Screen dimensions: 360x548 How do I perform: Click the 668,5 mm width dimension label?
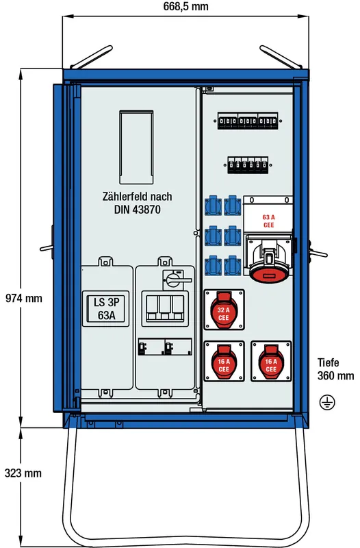(185, 6)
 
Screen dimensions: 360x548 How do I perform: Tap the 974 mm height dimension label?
(24, 298)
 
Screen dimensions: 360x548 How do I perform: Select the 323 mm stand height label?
(23, 473)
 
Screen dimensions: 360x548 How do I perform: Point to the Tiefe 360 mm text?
(335, 369)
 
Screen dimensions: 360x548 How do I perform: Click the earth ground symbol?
(327, 402)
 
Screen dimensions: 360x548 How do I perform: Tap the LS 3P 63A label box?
(106, 309)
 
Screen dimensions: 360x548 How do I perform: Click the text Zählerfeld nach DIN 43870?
(138, 203)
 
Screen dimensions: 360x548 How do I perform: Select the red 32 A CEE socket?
(224, 310)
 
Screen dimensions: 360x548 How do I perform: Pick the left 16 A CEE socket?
(224, 362)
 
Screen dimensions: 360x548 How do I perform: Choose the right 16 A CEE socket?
(271, 362)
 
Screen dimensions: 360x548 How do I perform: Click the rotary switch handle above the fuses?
(177, 280)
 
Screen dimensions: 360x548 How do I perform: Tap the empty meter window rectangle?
(136, 147)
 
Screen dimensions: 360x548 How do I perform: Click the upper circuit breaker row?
(248, 121)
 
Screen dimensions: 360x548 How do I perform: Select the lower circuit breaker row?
(248, 165)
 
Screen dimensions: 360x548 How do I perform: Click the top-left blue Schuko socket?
(213, 206)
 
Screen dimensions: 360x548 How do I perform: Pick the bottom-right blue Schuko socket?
(233, 266)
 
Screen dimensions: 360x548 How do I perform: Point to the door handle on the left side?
(47, 248)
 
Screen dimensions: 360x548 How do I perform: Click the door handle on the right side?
(318, 253)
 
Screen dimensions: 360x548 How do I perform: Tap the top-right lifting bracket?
(281, 57)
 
